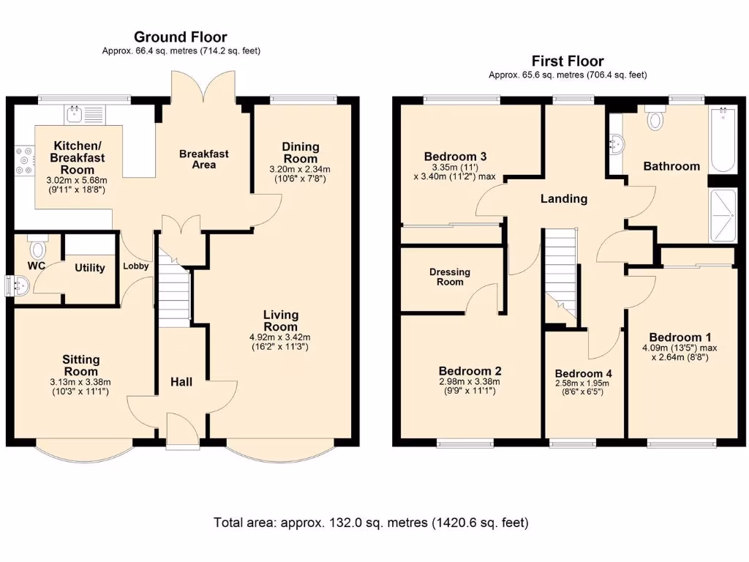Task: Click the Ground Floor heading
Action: [181, 37]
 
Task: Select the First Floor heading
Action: [568, 61]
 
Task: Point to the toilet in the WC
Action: [37, 246]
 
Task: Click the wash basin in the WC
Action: [19, 286]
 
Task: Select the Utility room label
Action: [90, 268]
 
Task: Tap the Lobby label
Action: [135, 266]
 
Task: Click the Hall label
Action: [181, 382]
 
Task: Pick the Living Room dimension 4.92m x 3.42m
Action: [280, 337]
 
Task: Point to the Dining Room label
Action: [301, 152]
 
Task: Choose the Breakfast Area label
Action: [204, 159]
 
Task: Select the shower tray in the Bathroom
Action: [723, 216]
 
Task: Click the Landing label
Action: [564, 198]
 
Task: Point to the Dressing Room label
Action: [450, 277]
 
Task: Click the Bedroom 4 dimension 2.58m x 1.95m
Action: [581, 383]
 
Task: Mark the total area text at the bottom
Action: [371, 522]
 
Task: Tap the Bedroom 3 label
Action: [455, 157]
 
